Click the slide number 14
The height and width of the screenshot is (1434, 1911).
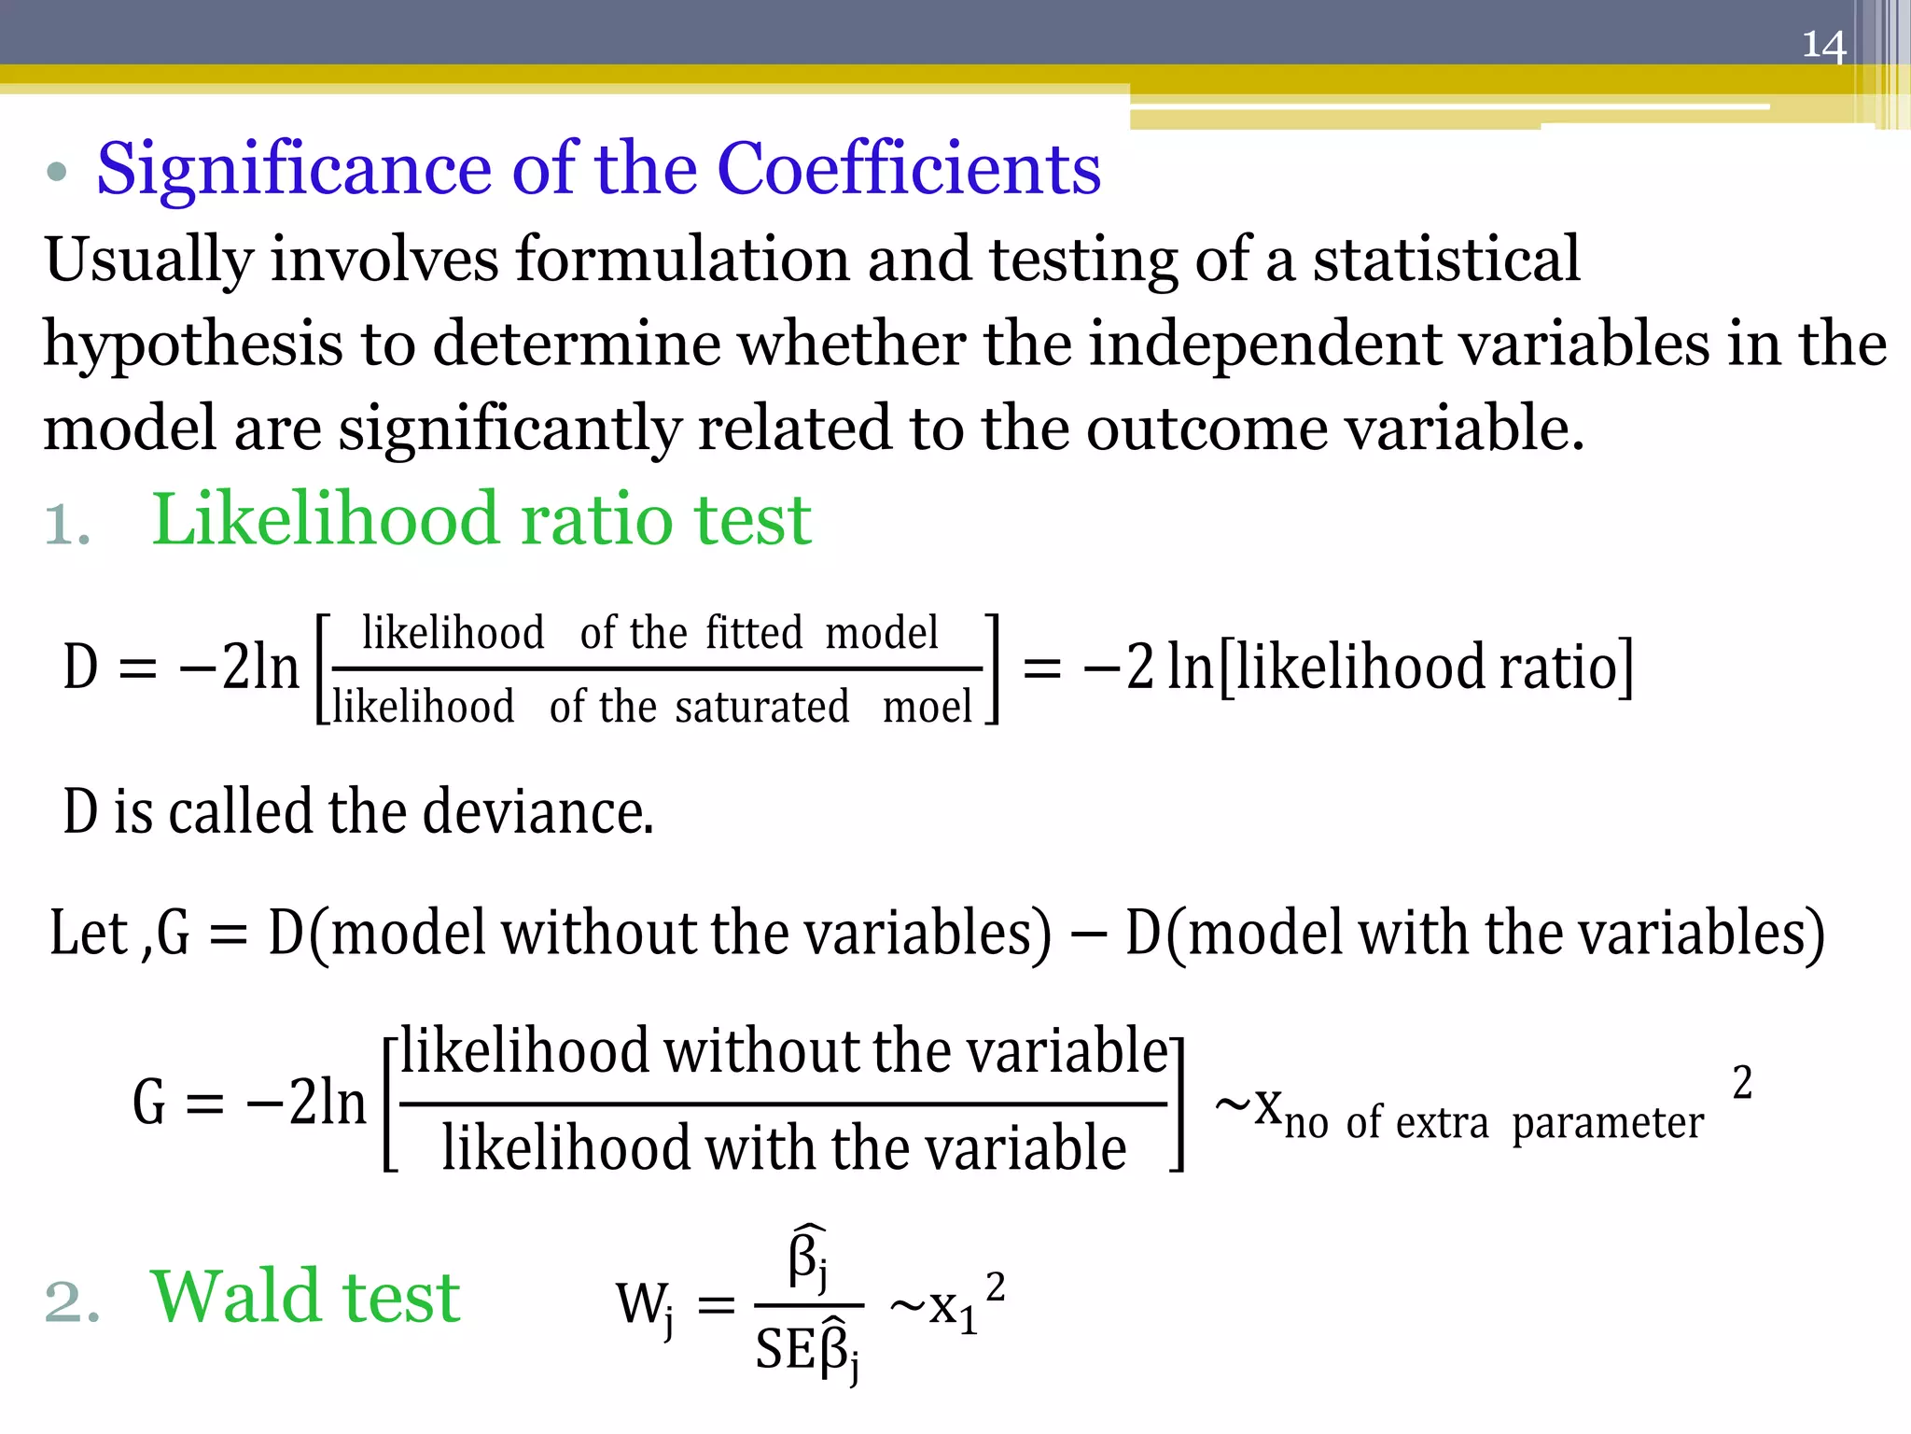1823,45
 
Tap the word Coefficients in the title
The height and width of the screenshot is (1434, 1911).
909,170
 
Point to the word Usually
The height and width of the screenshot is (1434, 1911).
148,260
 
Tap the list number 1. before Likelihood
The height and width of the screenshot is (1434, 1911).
67,525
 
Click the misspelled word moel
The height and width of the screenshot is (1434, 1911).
927,707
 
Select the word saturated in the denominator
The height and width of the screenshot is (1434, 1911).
761,707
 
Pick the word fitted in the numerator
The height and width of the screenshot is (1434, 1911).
753,633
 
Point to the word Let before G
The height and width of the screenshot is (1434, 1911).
88,933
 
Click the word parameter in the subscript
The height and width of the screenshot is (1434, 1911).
1607,1124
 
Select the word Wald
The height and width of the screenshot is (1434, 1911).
237,1297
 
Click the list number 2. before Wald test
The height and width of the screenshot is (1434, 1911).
71,1301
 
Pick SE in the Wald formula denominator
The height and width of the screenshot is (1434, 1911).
785,1350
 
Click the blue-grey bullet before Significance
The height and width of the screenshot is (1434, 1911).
57,172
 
